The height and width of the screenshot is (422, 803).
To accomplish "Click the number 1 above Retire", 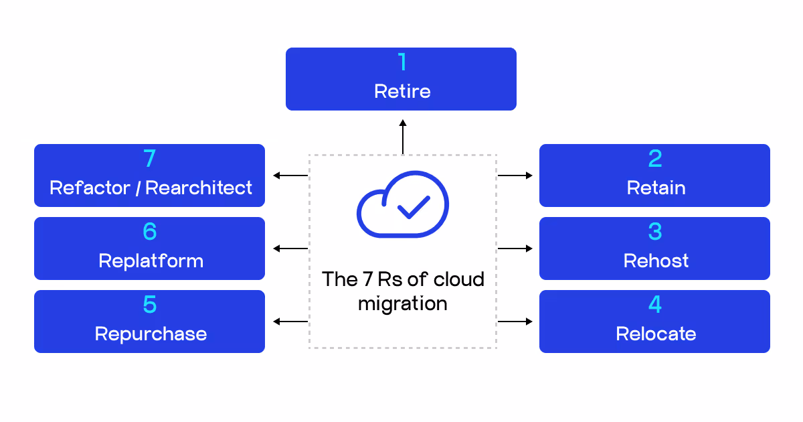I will click(x=401, y=62).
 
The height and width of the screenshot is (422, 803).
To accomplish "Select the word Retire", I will click(x=402, y=91).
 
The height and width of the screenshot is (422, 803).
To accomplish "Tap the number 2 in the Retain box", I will click(x=655, y=159).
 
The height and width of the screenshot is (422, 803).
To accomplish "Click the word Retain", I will click(x=656, y=188).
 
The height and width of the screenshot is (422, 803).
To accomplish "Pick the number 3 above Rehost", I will click(x=655, y=232).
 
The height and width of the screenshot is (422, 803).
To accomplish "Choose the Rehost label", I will click(x=656, y=261).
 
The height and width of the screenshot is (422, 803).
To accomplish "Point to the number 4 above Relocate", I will click(x=655, y=305).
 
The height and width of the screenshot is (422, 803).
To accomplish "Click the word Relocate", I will click(x=656, y=334).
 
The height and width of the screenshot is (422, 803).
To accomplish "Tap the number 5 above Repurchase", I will click(x=150, y=305).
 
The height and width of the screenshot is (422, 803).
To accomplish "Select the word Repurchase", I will click(x=151, y=334).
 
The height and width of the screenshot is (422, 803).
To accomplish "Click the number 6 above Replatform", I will click(x=150, y=232).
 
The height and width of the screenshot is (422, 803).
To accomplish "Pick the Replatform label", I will click(x=151, y=261).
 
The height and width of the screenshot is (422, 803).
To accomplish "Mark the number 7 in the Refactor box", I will click(x=150, y=159).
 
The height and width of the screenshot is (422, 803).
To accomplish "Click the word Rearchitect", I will click(x=199, y=188).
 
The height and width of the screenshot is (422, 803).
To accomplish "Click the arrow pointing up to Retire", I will click(x=403, y=137).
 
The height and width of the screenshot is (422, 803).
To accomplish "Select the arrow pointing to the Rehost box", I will click(x=515, y=249).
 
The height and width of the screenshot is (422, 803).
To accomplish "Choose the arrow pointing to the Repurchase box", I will click(x=290, y=322).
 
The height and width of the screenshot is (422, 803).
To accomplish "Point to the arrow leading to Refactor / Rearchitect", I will click(x=290, y=175).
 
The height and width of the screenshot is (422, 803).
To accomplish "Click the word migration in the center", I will click(x=402, y=303).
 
